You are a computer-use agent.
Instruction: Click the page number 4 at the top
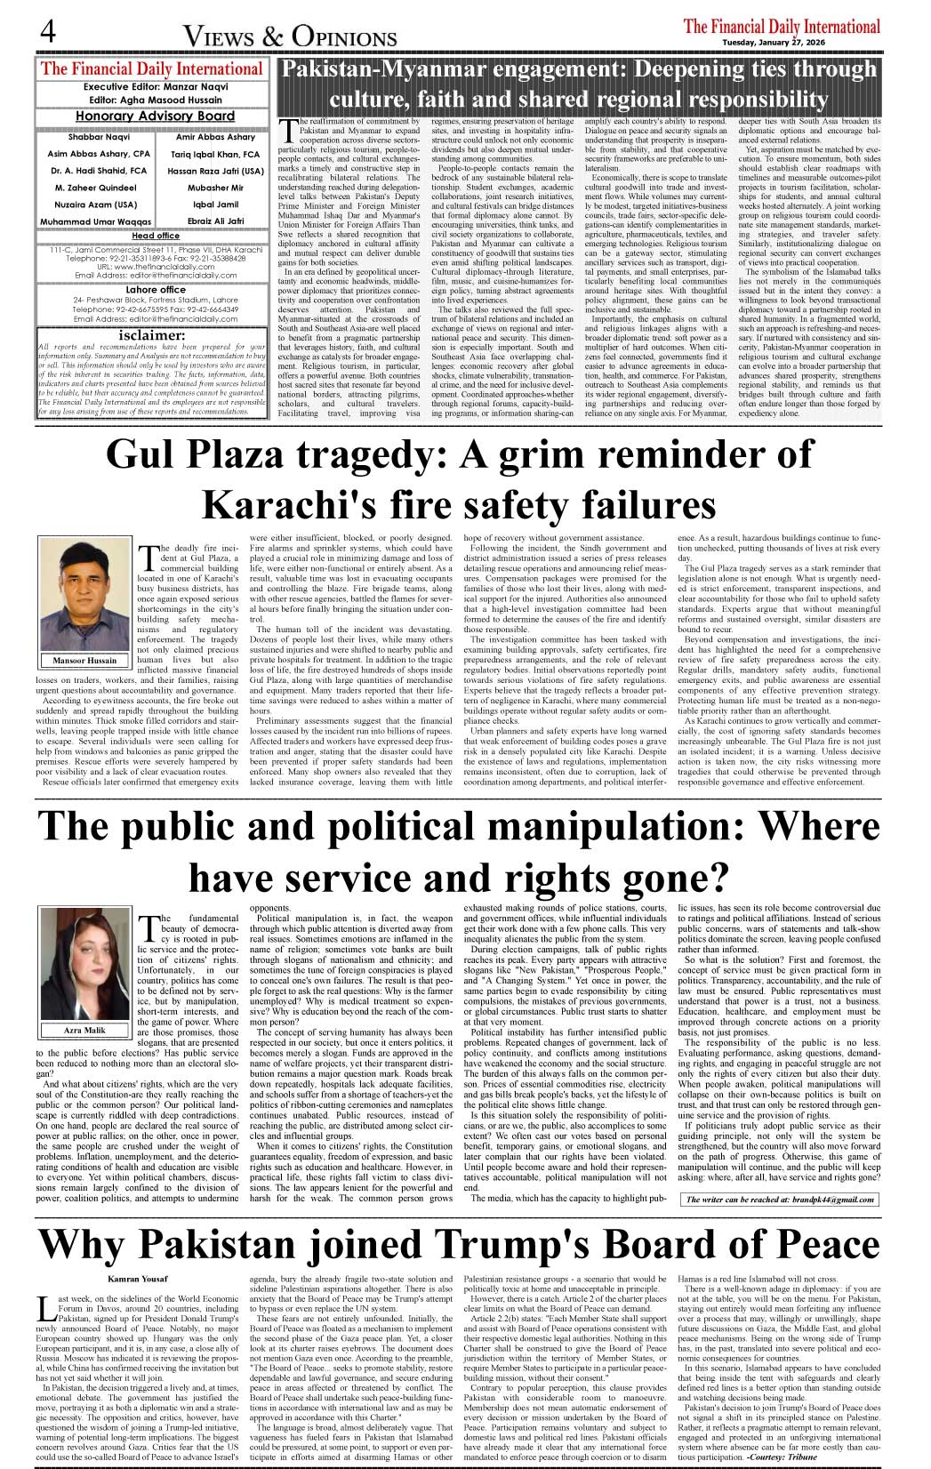point(47,31)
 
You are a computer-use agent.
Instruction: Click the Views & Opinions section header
point(290,36)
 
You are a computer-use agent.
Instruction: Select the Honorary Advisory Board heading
point(155,116)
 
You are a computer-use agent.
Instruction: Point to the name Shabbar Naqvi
point(98,138)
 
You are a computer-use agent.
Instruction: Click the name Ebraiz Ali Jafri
point(215,221)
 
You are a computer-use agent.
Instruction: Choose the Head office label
point(156,237)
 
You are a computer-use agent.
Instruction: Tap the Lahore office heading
point(156,290)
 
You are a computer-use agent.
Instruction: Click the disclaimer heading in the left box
point(152,335)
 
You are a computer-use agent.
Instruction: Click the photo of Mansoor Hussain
point(84,595)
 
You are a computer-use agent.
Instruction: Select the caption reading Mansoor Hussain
point(84,661)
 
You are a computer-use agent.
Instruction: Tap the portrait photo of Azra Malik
point(84,965)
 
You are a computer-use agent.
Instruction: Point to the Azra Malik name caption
point(84,1031)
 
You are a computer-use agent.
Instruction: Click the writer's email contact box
point(780,1200)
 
